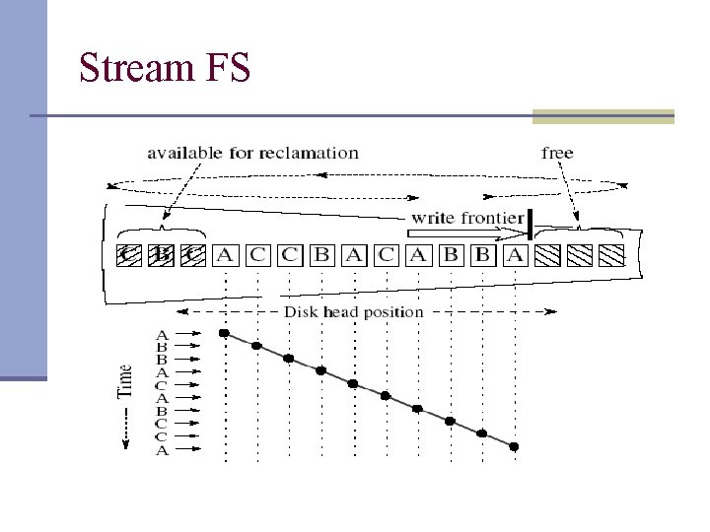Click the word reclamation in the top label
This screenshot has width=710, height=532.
(x=310, y=153)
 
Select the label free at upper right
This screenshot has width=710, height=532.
(x=557, y=153)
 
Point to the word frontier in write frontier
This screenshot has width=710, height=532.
(x=490, y=218)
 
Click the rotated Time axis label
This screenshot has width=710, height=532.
(x=125, y=381)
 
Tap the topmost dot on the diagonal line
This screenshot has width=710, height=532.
(x=225, y=334)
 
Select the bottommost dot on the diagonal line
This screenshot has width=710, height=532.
(x=514, y=446)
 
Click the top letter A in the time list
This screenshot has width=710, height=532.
(x=162, y=335)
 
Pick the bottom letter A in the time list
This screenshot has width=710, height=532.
(x=162, y=450)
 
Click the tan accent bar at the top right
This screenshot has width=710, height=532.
(x=603, y=116)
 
